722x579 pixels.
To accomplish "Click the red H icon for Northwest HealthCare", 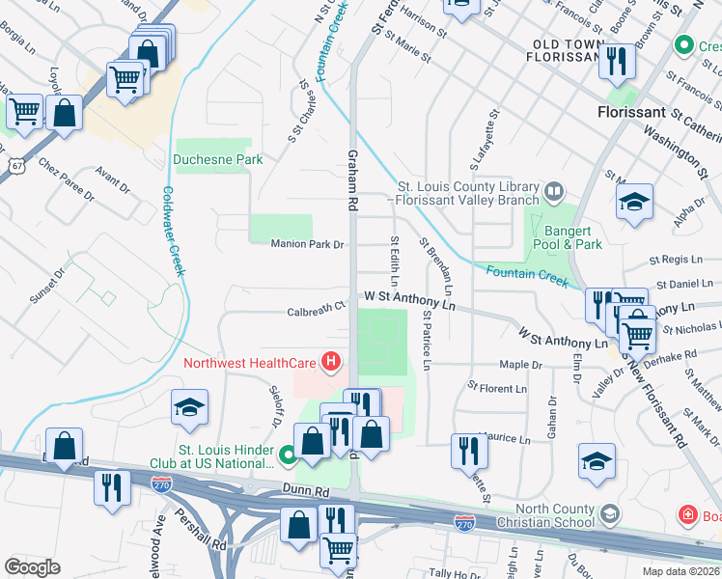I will pos(332,363).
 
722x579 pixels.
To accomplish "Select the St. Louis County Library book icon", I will pos(554,190).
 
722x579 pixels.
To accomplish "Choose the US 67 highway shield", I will pos(16,164).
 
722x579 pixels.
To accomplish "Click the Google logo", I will pos(32,566).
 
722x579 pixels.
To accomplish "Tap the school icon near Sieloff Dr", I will pos(190,407).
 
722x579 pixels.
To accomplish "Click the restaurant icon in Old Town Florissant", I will pos(616,62).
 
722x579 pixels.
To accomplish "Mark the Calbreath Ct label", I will pos(316,311).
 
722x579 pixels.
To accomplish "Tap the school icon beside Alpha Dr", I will pos(634,203).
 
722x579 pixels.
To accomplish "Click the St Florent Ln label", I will pos(497,389).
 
